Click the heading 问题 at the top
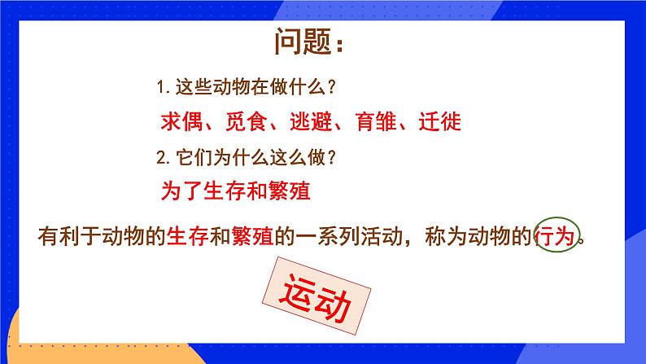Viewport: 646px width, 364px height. pos(312,41)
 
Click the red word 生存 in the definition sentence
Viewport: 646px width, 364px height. pos(186,238)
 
